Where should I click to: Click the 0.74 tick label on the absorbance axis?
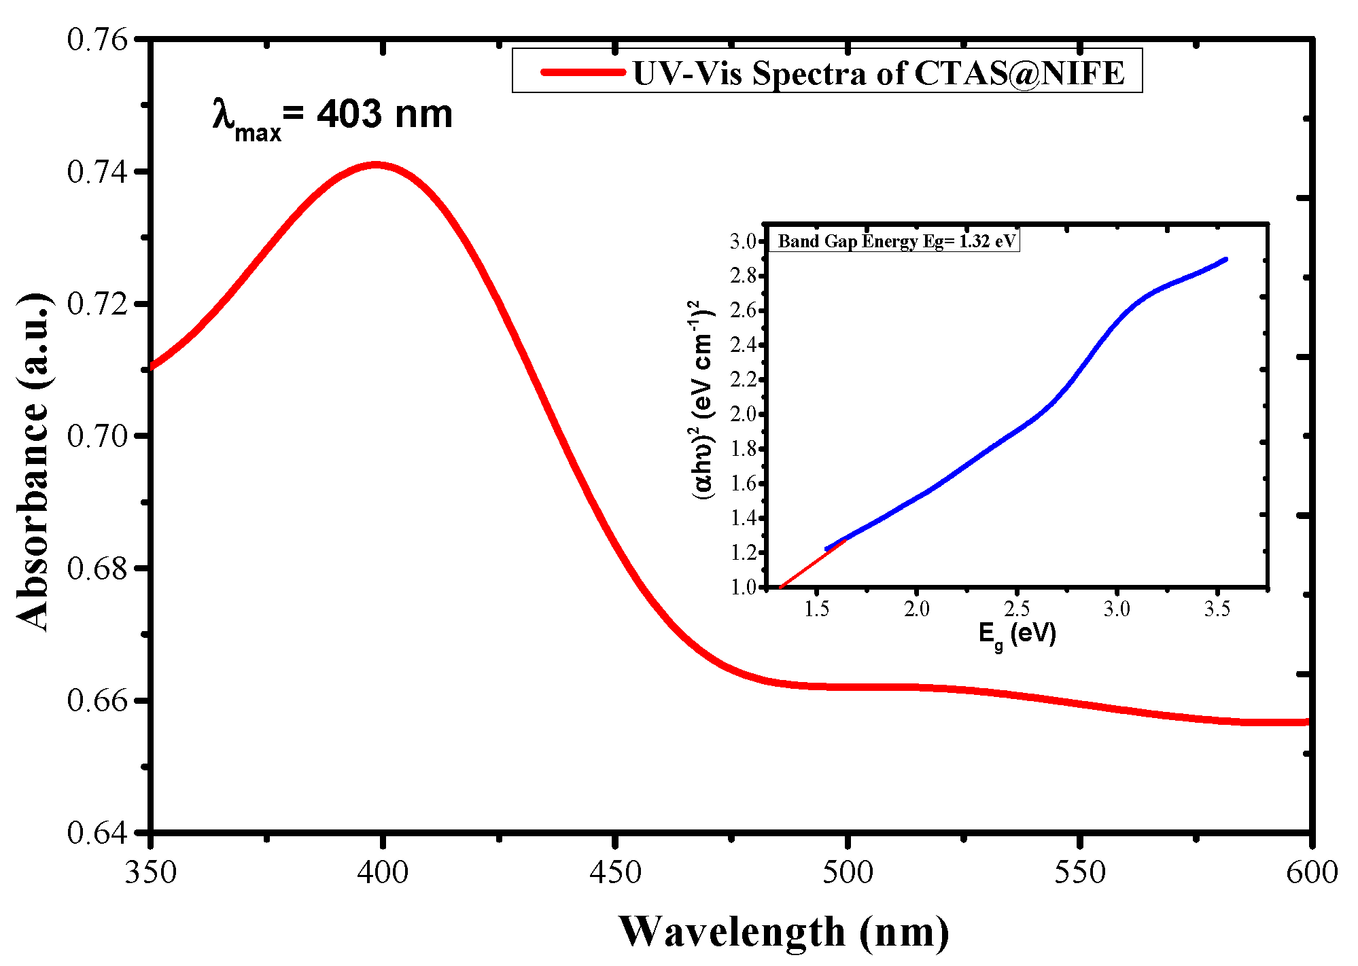coord(97,172)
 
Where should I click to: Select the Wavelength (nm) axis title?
coord(784,931)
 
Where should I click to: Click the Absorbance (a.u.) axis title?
coord(33,462)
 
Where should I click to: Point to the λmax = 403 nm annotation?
coord(332,115)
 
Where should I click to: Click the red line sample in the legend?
coord(582,71)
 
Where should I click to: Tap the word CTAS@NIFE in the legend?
coord(1020,73)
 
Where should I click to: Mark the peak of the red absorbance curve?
coord(376,164)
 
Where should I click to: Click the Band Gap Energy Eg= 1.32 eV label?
coord(896,241)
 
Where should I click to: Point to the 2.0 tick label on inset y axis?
coord(743,414)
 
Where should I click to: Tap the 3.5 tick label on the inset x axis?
coord(1217,609)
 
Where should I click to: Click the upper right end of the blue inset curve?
coord(1225,260)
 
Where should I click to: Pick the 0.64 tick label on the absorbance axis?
coord(97,832)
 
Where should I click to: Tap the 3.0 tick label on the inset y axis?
coord(743,241)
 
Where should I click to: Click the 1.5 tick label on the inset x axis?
coord(816,609)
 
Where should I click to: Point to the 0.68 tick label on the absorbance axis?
coord(97,569)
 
